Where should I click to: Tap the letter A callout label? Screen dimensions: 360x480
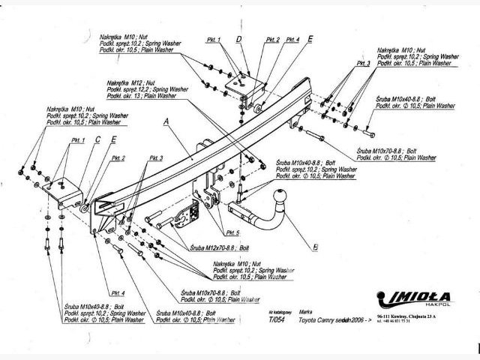[x=166, y=121]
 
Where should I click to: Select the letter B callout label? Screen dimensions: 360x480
[x=316, y=245]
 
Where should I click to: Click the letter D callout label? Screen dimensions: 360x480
[x=238, y=39]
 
